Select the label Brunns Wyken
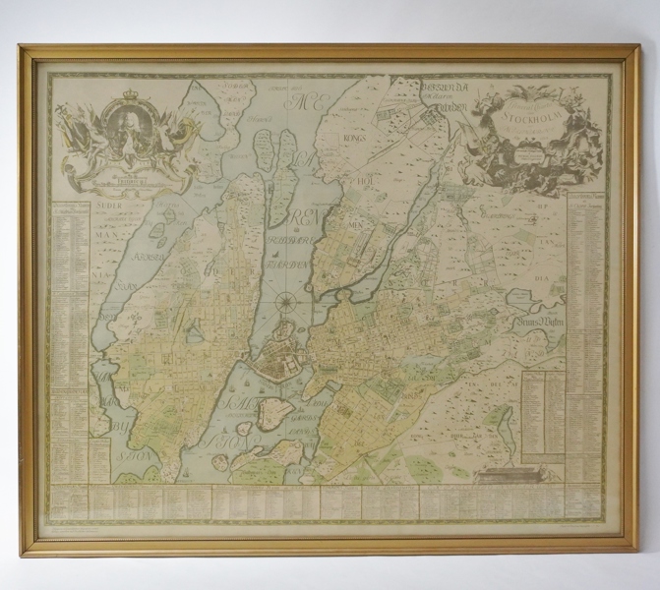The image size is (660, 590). pos(537,329)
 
